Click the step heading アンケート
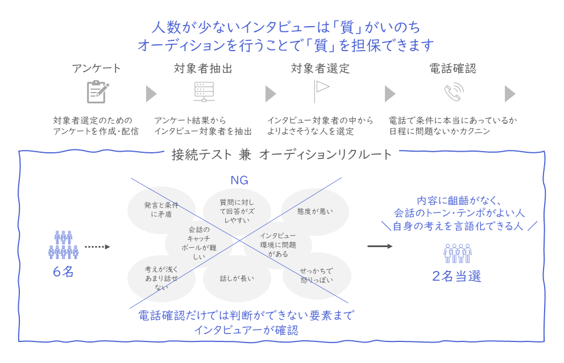pos(96,69)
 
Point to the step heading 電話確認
pos(453,69)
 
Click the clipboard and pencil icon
pos(97,92)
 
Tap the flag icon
pos(321,91)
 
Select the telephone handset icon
pos(453,92)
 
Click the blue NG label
pos(239,181)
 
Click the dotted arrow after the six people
pos(96,247)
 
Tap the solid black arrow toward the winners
pos(379,247)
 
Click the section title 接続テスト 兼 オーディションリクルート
pos(282,155)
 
